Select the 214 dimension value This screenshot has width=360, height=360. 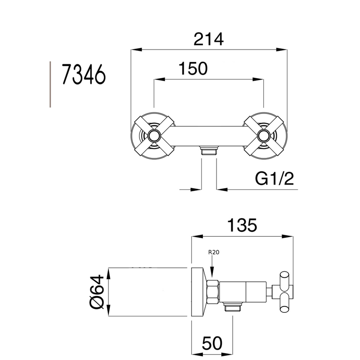click(x=208, y=39)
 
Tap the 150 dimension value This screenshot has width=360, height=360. click(x=193, y=68)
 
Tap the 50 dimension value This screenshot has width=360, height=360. click(x=212, y=343)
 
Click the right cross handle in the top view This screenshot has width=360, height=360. click(x=264, y=135)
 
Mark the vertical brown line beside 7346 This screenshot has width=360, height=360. click(x=49, y=85)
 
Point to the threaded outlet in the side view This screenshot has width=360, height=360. click(x=232, y=307)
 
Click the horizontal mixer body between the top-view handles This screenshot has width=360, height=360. click(x=209, y=135)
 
